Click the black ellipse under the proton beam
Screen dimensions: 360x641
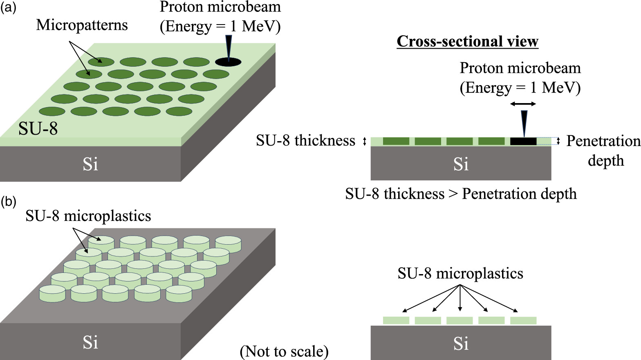tap(228, 62)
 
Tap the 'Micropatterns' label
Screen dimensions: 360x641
tap(82, 25)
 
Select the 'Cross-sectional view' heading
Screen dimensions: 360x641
tap(467, 41)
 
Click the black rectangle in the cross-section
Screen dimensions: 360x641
tap(523, 141)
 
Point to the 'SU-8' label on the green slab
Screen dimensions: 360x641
tap(38, 129)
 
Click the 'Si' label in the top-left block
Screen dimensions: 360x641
tap(90, 164)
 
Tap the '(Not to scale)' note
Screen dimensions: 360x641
tap(284, 351)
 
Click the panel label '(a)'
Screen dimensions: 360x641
tap(8, 8)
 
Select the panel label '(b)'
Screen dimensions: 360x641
tap(8, 201)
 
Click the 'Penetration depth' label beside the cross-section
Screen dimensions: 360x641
tap(603, 151)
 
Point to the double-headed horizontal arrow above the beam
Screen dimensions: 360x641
tap(523, 104)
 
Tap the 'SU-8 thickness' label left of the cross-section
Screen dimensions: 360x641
tap(305, 141)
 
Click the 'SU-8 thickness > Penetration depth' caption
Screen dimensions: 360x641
tap(461, 193)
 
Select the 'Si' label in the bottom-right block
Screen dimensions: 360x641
tap(461, 344)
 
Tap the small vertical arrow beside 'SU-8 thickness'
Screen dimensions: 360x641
tap(365, 142)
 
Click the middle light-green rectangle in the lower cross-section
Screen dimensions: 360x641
tap(459, 321)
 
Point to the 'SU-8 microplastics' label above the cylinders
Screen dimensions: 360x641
tap(88, 216)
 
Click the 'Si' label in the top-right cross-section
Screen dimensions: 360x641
tap(461, 164)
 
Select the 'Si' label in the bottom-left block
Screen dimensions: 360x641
tap(90, 342)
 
